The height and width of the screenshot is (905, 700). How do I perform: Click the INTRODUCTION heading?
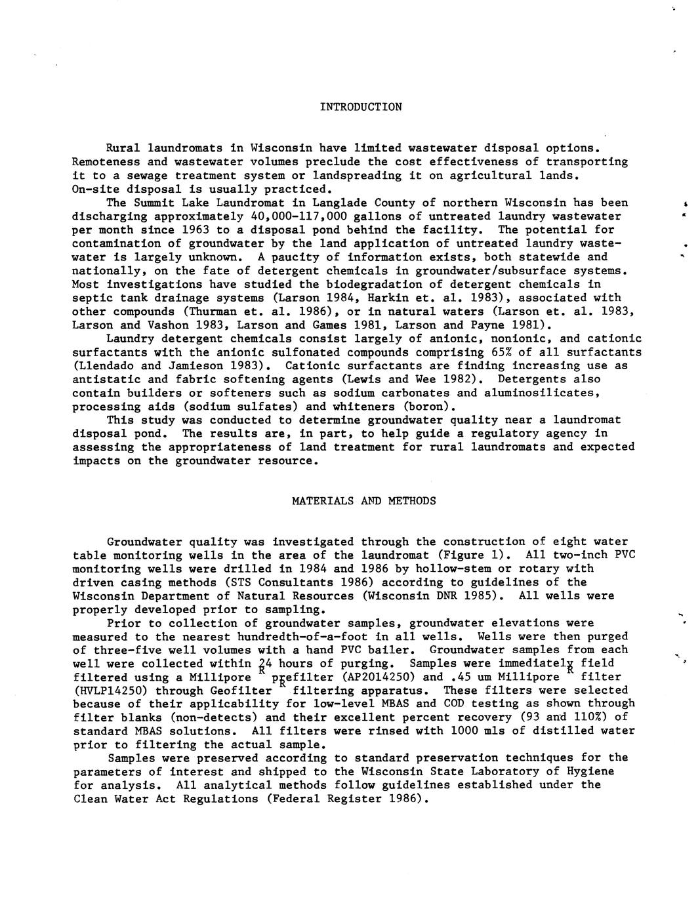point(361,107)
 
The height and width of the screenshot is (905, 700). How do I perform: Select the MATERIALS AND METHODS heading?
point(363,501)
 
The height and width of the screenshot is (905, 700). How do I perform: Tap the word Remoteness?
point(106,162)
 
